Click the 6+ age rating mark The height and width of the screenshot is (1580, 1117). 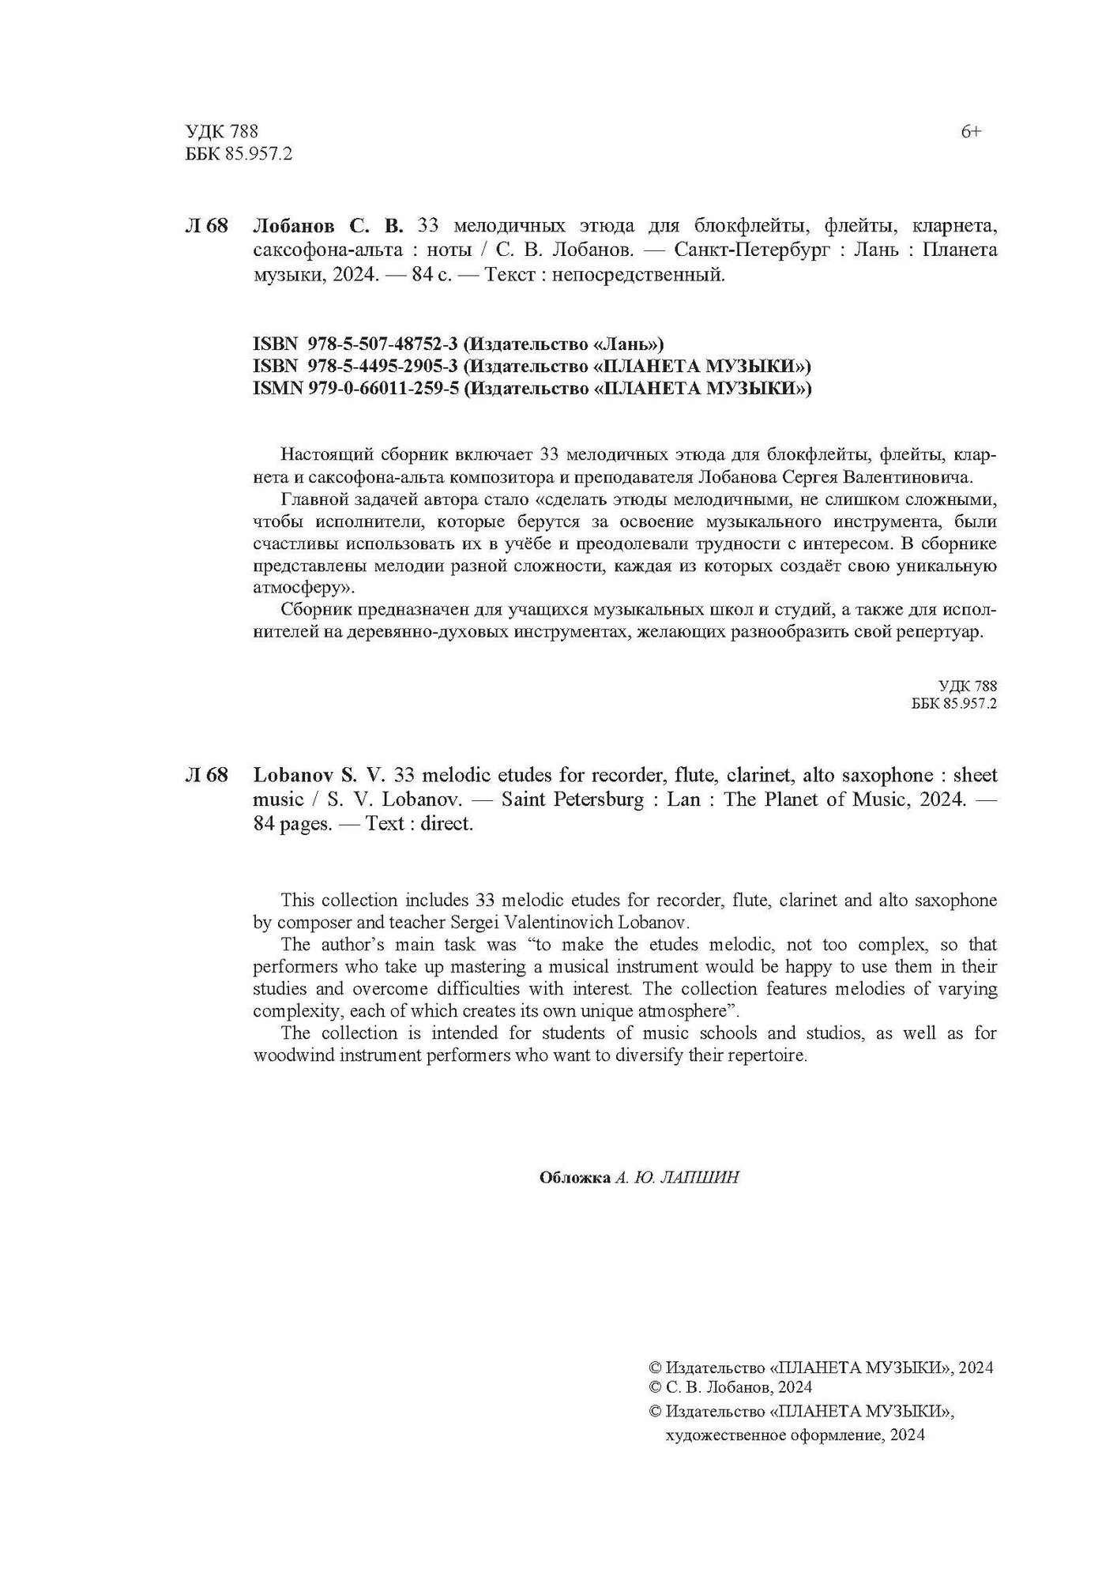point(971,132)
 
